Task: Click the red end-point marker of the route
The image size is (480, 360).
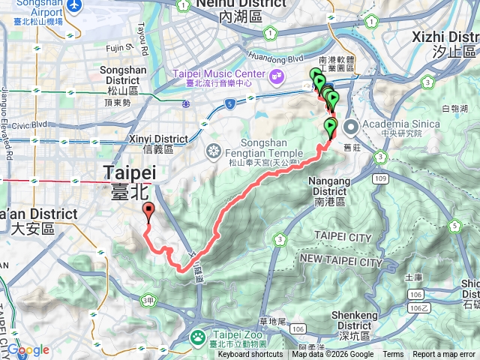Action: (148, 211)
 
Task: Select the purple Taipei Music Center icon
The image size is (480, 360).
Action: (277, 75)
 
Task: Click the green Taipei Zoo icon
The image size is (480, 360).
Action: (197, 337)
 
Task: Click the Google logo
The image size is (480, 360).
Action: (28, 350)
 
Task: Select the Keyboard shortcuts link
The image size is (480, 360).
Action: (250, 355)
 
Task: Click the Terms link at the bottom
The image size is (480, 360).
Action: (393, 355)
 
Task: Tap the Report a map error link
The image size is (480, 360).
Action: (444, 355)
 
